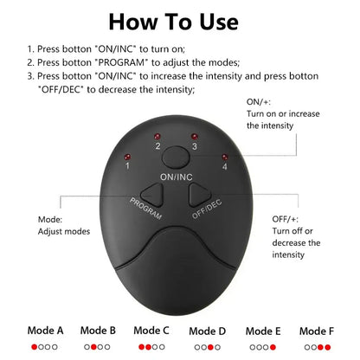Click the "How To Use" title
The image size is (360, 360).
(x=179, y=21)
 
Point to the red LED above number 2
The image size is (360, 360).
(x=158, y=137)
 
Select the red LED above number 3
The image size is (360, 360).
(x=195, y=137)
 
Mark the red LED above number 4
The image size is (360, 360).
(x=225, y=156)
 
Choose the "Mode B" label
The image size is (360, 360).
(x=98, y=330)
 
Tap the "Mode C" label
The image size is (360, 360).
(x=152, y=330)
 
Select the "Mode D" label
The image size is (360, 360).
(x=207, y=330)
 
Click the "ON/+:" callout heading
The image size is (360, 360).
(x=260, y=100)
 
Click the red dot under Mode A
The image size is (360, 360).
(x=33, y=346)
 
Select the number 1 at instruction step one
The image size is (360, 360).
(x=29, y=51)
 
